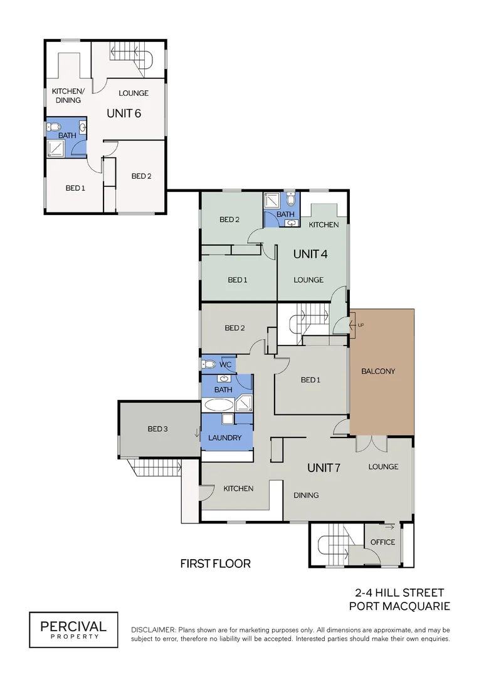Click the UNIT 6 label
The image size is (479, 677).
(124, 113)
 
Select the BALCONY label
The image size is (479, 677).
(378, 371)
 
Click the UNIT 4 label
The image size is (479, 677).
(310, 254)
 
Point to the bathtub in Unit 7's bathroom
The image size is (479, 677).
(218, 405)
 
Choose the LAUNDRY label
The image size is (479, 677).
(224, 438)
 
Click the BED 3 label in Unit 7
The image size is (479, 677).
(157, 429)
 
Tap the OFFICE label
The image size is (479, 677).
(382, 542)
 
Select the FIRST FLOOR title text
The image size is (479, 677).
(216, 564)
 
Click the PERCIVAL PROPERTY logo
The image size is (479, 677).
(73, 629)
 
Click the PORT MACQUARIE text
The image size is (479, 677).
(399, 606)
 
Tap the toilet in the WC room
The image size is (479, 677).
(209, 364)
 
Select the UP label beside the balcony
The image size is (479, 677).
(361, 325)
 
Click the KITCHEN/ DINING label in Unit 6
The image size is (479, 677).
(67, 95)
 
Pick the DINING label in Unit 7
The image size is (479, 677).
(306, 495)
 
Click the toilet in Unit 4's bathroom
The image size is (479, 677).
(291, 199)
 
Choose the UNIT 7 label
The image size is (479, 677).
(324, 468)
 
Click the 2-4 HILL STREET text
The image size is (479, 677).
(399, 592)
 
